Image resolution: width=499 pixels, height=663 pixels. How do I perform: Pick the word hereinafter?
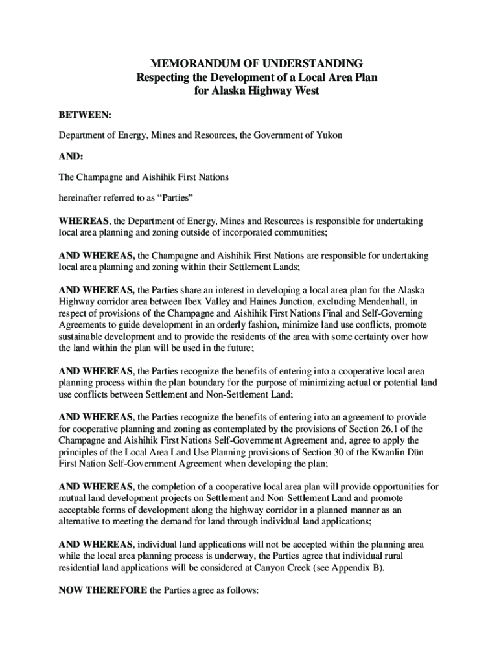tap(84, 196)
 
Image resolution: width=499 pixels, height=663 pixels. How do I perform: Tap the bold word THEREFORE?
tap(119, 590)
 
